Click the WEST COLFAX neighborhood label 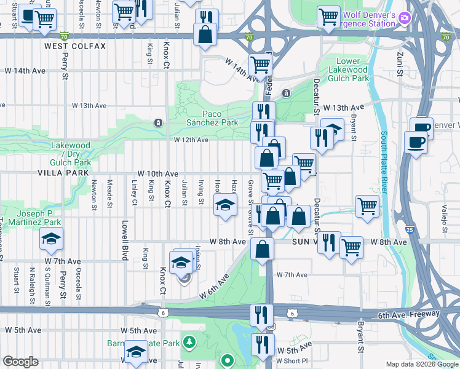click(x=75, y=46)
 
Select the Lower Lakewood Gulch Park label click(x=352, y=69)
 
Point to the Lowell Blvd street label click(x=124, y=240)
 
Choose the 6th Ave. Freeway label click(x=408, y=314)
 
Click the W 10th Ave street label click(x=158, y=174)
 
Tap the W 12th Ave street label click(x=191, y=140)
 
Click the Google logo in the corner click(x=21, y=362)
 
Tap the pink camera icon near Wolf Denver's click(x=404, y=17)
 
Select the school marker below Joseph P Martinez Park click(x=51, y=239)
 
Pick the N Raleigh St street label click(x=31, y=286)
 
